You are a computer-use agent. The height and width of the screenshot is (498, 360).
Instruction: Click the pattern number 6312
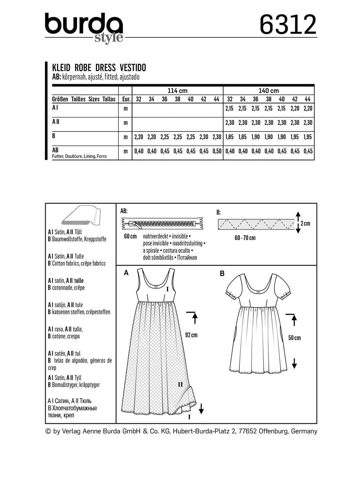(288, 25)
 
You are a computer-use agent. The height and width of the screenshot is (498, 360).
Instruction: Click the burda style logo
(84, 27)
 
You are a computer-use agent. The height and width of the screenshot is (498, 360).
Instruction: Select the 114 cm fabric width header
(177, 90)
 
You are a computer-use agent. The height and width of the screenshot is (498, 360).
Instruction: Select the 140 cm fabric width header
(268, 90)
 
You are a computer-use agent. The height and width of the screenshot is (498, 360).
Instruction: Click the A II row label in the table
(56, 122)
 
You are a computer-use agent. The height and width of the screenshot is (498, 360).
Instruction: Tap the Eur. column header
(126, 99)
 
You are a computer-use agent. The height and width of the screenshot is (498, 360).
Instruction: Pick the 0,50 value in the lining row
(217, 151)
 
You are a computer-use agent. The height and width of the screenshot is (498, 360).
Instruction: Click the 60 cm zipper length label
(130, 236)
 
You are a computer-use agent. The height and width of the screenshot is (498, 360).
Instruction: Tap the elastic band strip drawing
(256, 224)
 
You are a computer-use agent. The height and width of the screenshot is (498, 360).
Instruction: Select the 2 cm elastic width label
(305, 223)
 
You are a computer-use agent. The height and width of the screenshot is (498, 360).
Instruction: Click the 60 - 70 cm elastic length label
(245, 238)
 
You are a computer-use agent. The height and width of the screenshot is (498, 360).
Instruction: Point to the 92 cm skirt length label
(191, 335)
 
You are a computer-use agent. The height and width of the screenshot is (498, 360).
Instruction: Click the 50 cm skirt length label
(294, 338)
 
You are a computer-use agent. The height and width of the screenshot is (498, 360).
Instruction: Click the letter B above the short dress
(222, 274)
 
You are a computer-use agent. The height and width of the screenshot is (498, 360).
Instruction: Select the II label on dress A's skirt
(180, 385)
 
